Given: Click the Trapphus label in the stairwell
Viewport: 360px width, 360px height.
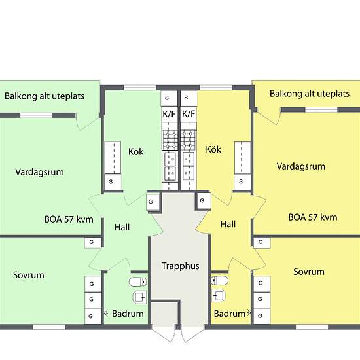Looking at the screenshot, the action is tap(181, 266).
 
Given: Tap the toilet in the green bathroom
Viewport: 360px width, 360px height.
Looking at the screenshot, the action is tap(137, 281).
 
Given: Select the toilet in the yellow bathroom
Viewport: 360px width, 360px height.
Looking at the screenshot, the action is tap(219, 281).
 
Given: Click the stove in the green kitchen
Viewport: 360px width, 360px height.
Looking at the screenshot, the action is tap(170, 140).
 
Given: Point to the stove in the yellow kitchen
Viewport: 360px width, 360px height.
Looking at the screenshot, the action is tap(189, 140).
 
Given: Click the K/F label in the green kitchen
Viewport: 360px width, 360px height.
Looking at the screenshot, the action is tap(170, 114).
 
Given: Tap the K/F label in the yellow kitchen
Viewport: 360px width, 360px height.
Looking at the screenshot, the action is tap(189, 114).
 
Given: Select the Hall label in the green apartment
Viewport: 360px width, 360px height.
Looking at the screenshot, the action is tap(122, 227).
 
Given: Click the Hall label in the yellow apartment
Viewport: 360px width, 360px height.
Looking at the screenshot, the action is tap(228, 224).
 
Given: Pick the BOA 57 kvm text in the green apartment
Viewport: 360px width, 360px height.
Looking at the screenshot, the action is tap(69, 219).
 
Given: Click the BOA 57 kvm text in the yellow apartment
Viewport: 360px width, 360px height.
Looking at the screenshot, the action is tap(313, 217).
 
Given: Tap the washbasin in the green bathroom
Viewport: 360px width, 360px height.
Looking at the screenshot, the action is tap(140, 297).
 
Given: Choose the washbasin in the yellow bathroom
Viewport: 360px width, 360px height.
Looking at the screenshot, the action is tap(218, 295).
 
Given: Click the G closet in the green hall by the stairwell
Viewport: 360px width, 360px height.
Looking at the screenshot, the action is tap(153, 202).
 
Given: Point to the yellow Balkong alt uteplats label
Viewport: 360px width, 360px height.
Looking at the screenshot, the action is tap(310, 94).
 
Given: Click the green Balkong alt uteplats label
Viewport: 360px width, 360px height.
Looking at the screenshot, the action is tap(45, 96).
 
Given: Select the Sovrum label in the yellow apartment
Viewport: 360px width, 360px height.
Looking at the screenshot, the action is tap(309, 272).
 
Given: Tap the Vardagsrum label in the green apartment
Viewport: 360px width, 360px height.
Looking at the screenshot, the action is tap(39, 172).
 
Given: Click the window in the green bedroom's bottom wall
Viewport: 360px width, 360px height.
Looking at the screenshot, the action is tap(49, 327).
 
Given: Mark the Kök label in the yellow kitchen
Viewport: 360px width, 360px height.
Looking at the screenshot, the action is tap(213, 149).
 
